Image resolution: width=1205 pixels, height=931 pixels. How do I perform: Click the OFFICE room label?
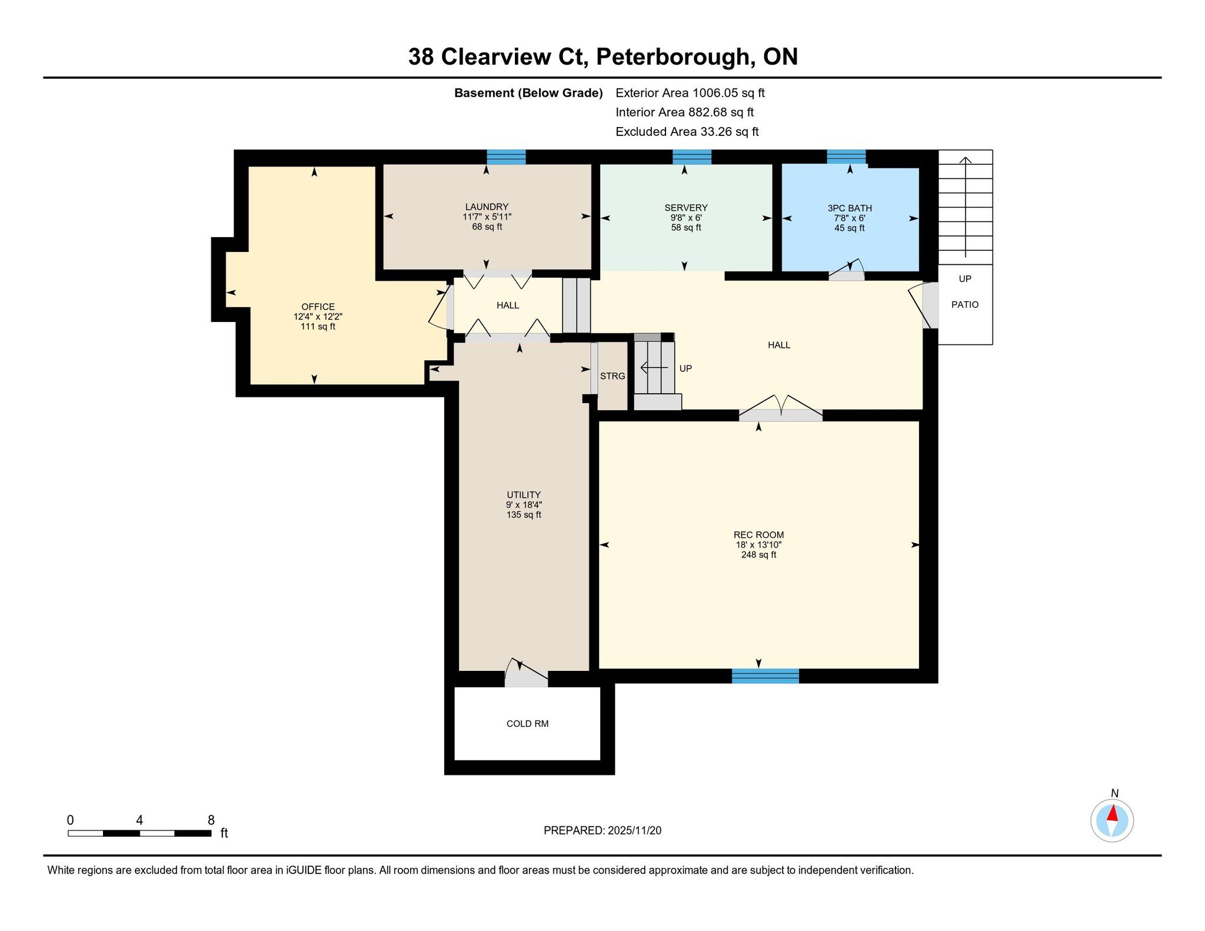pyautogui.click(x=318, y=307)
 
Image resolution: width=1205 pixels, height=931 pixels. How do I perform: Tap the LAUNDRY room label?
pyautogui.click(x=487, y=207)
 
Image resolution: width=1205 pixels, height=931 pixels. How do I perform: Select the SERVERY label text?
pyautogui.click(x=686, y=208)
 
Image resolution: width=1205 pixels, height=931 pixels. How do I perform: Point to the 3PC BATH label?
pyautogui.click(x=850, y=208)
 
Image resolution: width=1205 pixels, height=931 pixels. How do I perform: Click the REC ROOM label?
pyautogui.click(x=758, y=535)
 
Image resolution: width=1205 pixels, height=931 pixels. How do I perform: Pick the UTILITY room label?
pyautogui.click(x=524, y=495)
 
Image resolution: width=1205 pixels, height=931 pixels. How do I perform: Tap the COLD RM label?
pyautogui.click(x=527, y=724)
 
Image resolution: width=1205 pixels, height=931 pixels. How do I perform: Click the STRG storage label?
pyautogui.click(x=613, y=376)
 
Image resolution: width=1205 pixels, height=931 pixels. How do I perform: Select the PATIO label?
pyautogui.click(x=965, y=305)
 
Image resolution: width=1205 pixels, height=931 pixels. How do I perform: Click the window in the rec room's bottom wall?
pyautogui.click(x=765, y=676)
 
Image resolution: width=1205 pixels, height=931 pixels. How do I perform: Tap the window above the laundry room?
pyautogui.click(x=506, y=157)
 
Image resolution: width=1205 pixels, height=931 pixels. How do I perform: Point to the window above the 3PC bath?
pyautogui.click(x=846, y=157)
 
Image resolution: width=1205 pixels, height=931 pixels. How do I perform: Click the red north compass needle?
pyautogui.click(x=1112, y=814)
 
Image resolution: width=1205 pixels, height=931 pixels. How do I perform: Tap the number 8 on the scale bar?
pyautogui.click(x=211, y=820)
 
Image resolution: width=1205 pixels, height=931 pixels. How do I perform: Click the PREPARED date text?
pyautogui.click(x=602, y=830)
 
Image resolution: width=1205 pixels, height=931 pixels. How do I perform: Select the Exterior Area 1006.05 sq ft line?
pyautogui.click(x=690, y=93)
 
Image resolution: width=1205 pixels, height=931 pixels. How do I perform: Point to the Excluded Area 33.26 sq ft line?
pyautogui.click(x=687, y=132)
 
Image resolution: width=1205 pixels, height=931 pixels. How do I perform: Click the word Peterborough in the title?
pyautogui.click(x=674, y=57)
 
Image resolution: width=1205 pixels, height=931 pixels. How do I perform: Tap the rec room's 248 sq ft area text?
pyautogui.click(x=758, y=555)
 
